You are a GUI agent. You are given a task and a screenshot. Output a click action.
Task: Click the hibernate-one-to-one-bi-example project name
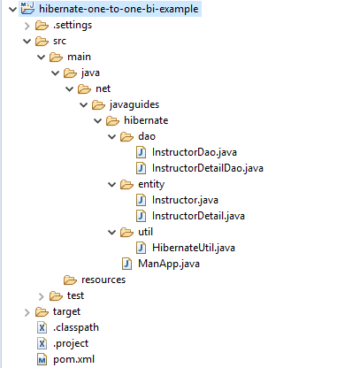119,9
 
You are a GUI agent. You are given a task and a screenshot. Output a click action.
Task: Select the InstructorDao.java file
195,152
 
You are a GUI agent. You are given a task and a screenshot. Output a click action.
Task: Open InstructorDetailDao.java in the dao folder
208,168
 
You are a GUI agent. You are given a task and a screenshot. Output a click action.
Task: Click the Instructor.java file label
185,200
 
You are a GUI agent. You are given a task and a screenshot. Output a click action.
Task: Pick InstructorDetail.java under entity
198,216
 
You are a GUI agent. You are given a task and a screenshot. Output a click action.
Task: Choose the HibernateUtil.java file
194,248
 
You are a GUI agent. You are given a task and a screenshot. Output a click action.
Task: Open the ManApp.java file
169,264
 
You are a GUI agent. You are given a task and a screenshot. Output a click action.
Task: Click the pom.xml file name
73,359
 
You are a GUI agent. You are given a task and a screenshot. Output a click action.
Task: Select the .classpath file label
76,327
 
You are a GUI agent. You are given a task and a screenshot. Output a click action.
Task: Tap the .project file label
71,343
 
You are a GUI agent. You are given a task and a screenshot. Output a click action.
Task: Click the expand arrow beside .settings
27,26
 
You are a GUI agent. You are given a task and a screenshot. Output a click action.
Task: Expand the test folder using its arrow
42,296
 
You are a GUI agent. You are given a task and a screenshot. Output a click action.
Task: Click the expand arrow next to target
27,312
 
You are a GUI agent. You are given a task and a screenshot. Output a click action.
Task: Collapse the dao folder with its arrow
112,136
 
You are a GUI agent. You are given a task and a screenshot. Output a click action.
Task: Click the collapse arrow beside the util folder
112,232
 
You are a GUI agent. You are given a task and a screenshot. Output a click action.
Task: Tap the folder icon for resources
70,280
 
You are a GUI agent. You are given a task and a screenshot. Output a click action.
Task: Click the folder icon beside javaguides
98,104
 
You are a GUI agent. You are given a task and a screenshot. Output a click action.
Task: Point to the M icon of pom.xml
42,359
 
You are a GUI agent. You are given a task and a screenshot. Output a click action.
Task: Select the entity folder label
151,184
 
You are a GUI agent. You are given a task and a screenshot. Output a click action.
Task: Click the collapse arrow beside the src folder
27,41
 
